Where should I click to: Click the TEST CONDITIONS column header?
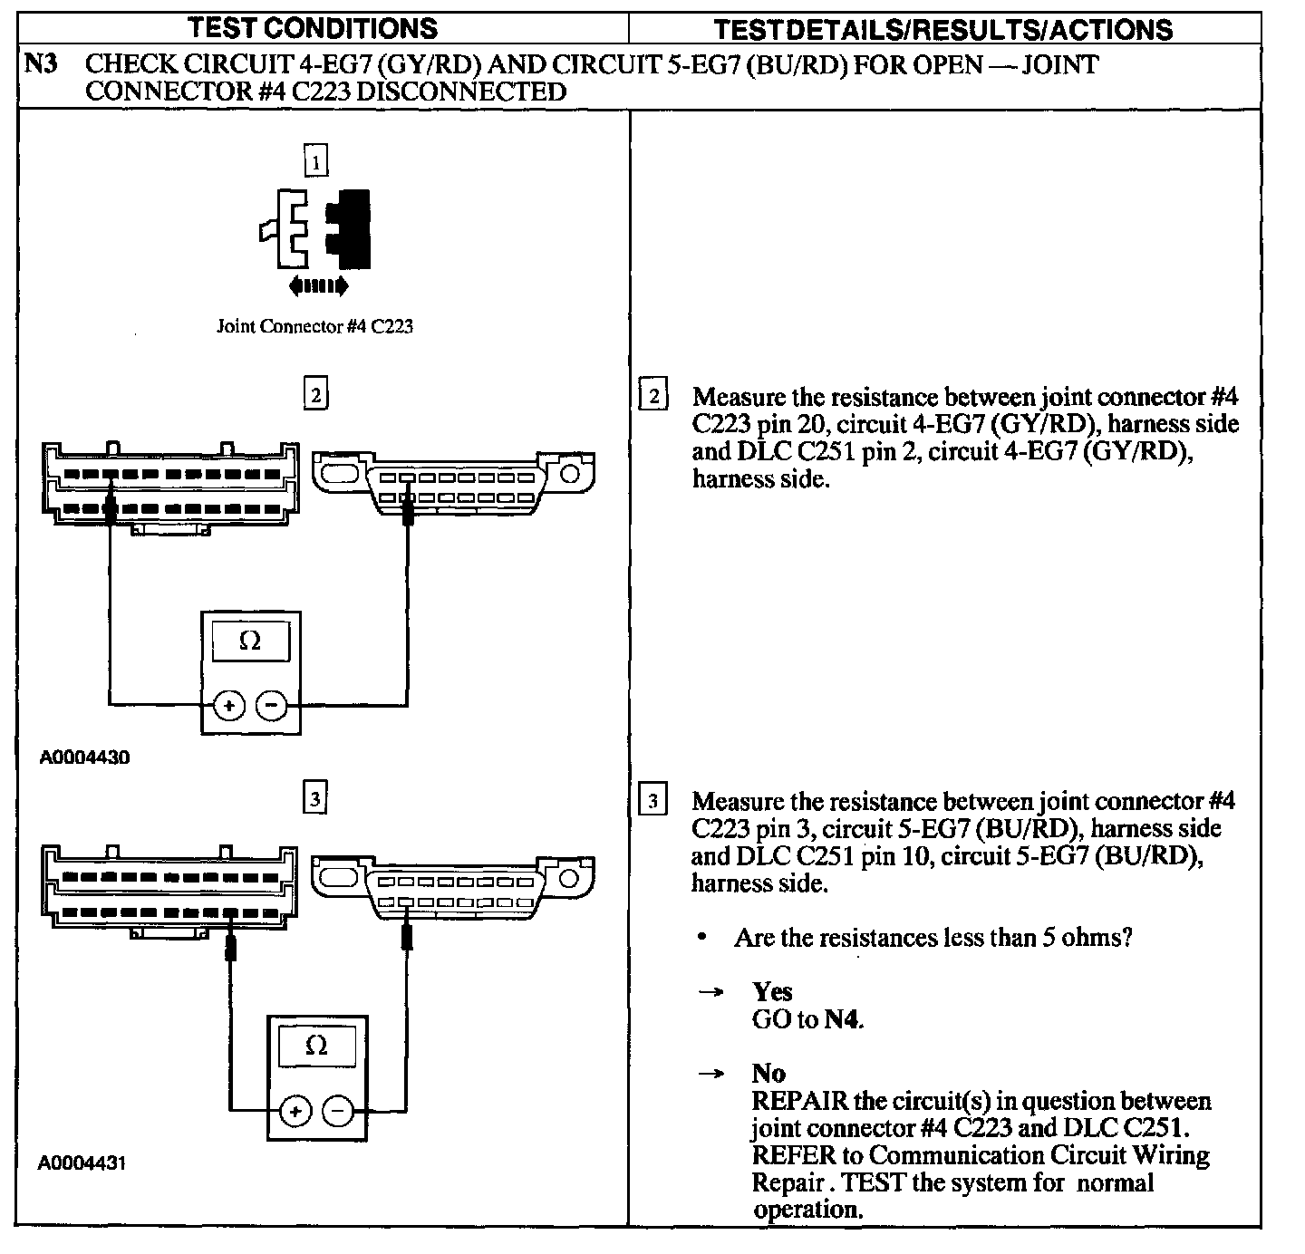click(313, 28)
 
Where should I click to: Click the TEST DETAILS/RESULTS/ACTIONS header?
click(942, 30)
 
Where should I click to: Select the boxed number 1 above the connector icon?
click(315, 162)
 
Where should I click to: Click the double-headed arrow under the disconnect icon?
click(317, 287)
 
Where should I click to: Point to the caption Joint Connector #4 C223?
click(314, 326)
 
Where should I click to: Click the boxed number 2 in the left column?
click(315, 395)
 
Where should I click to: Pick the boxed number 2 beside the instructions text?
click(652, 397)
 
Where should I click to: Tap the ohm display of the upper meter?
click(250, 641)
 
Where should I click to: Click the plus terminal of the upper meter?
click(229, 705)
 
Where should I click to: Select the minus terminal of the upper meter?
click(271, 705)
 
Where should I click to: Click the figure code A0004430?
click(84, 757)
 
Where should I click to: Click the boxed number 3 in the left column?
click(314, 798)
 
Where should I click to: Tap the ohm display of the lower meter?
click(316, 1046)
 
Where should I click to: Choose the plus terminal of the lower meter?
click(295, 1110)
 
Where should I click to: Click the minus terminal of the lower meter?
click(338, 1110)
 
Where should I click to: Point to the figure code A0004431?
click(82, 1162)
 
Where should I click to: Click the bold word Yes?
click(772, 992)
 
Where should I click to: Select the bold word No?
click(768, 1074)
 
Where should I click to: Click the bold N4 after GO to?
click(842, 1020)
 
